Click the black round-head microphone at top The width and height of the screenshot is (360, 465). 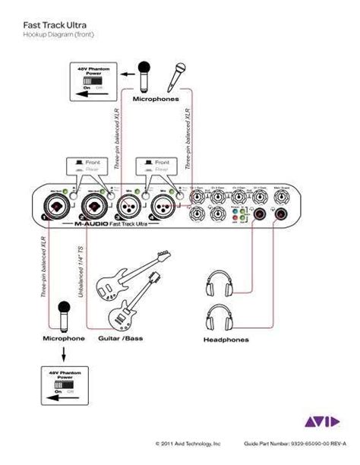[146, 75]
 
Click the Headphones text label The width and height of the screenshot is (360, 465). [226, 340]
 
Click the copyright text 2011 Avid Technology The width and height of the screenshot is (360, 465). [188, 442]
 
